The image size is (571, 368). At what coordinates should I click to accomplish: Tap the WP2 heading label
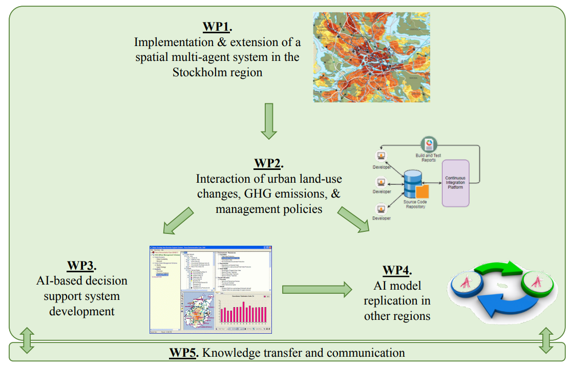[x=267, y=164]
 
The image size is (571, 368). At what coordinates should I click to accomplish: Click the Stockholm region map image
[x=371, y=57]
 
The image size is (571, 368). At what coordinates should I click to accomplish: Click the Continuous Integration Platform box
[x=455, y=183]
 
